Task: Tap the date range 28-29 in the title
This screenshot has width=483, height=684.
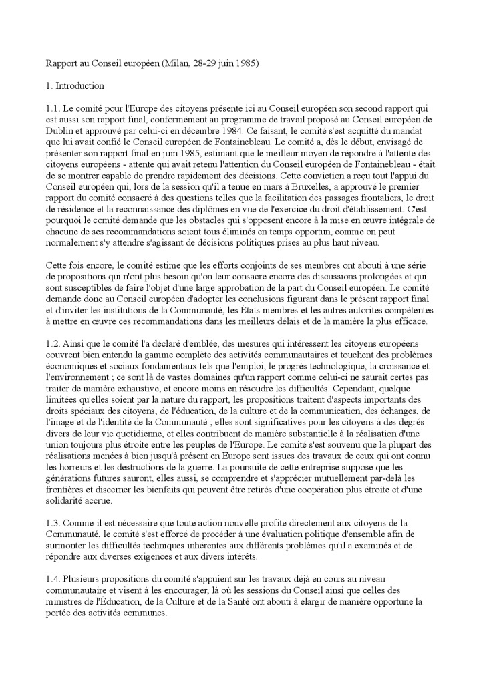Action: pyautogui.click(x=204, y=63)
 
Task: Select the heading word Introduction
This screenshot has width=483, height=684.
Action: pyautogui.click(x=79, y=85)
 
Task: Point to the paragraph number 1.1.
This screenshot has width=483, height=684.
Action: pyautogui.click(x=53, y=108)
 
